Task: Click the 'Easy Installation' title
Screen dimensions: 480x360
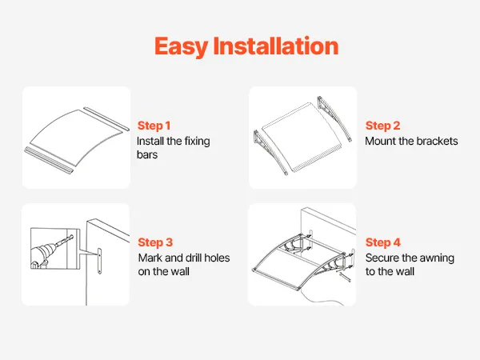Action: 246,46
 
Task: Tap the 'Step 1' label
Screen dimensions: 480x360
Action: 154,126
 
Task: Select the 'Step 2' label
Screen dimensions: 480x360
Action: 382,126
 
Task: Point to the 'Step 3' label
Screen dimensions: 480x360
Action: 155,242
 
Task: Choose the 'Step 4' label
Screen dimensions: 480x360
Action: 383,242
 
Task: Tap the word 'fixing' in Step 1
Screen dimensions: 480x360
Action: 197,142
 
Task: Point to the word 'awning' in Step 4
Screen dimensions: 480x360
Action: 437,258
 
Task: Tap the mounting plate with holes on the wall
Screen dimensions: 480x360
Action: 99,261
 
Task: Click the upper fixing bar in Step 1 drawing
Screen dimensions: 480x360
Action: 106,118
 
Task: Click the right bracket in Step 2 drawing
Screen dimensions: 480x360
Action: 334,118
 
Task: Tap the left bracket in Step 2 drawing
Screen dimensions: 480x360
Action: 270,151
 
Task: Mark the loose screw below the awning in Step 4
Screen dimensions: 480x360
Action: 345,277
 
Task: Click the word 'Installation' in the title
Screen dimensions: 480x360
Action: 276,46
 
